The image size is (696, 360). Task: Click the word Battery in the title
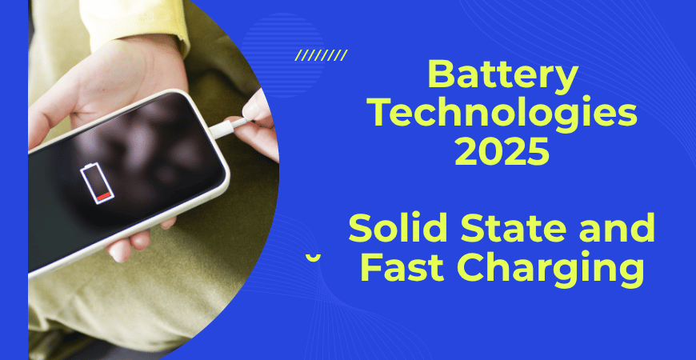502,78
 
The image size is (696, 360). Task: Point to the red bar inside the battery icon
102,195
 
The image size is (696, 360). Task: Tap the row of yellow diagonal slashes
321,55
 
